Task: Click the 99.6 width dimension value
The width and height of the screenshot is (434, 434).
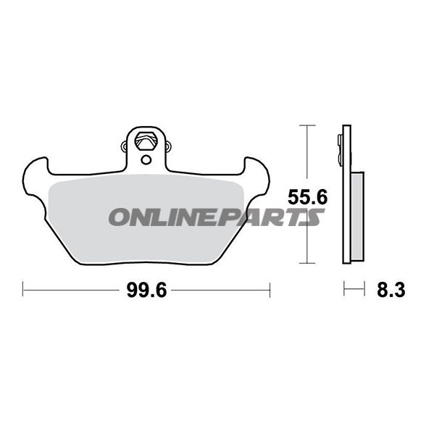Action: (146, 290)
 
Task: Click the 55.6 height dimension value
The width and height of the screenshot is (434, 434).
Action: (307, 197)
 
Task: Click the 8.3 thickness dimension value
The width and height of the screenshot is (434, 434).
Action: (391, 290)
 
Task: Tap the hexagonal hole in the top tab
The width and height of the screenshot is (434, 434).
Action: (146, 141)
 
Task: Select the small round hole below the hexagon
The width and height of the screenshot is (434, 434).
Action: (146, 159)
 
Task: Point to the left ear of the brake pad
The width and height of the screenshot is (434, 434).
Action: (35, 177)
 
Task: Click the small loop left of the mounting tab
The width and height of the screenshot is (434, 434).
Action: (125, 146)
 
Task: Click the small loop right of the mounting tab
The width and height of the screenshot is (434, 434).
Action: (168, 146)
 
